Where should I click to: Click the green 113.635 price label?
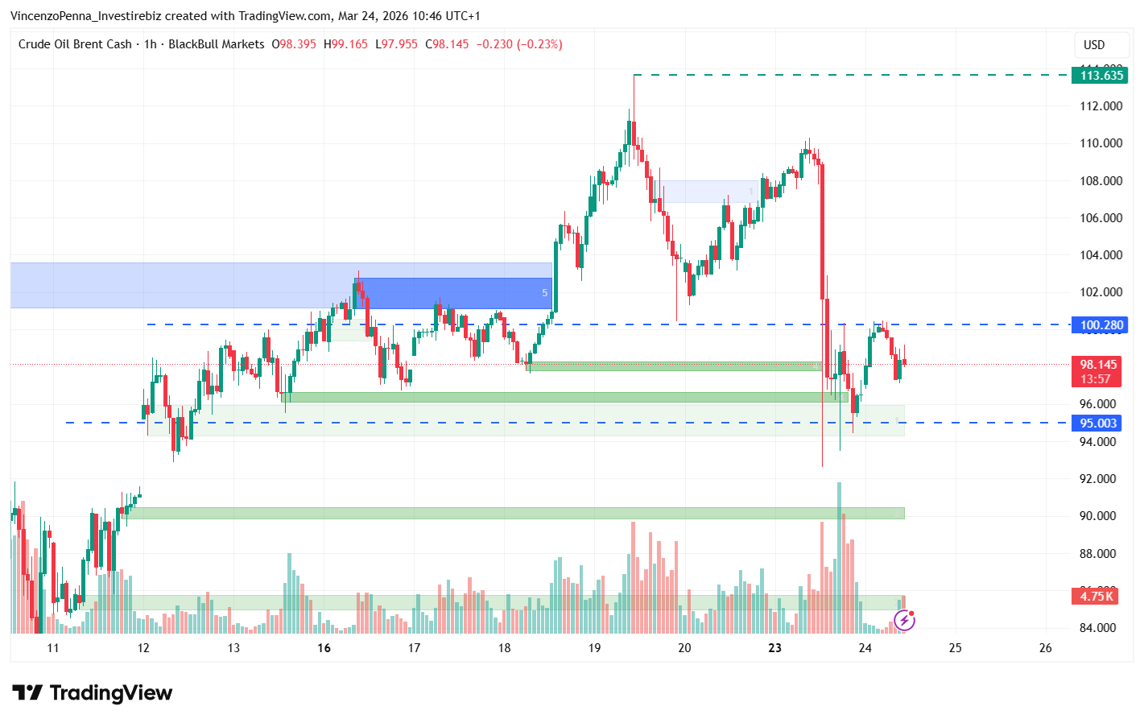click(1101, 76)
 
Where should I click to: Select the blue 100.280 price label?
click(1101, 325)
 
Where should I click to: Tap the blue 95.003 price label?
click(1098, 423)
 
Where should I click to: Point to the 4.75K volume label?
click(1097, 597)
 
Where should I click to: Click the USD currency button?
click(1094, 45)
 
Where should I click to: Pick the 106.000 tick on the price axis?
click(1101, 218)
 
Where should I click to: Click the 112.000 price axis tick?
click(1101, 106)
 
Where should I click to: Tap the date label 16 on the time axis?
click(324, 648)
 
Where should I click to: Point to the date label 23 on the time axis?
click(774, 648)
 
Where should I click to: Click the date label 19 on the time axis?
click(594, 648)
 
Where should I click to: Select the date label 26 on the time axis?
click(1045, 648)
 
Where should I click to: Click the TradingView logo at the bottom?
click(93, 693)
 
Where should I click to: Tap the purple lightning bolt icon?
click(904, 621)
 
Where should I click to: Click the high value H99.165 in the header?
click(345, 44)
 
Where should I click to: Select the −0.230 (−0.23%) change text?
click(518, 44)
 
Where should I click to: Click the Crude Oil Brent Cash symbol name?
click(75, 44)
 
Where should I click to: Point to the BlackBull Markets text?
click(216, 44)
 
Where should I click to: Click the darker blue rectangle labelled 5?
click(453, 293)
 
